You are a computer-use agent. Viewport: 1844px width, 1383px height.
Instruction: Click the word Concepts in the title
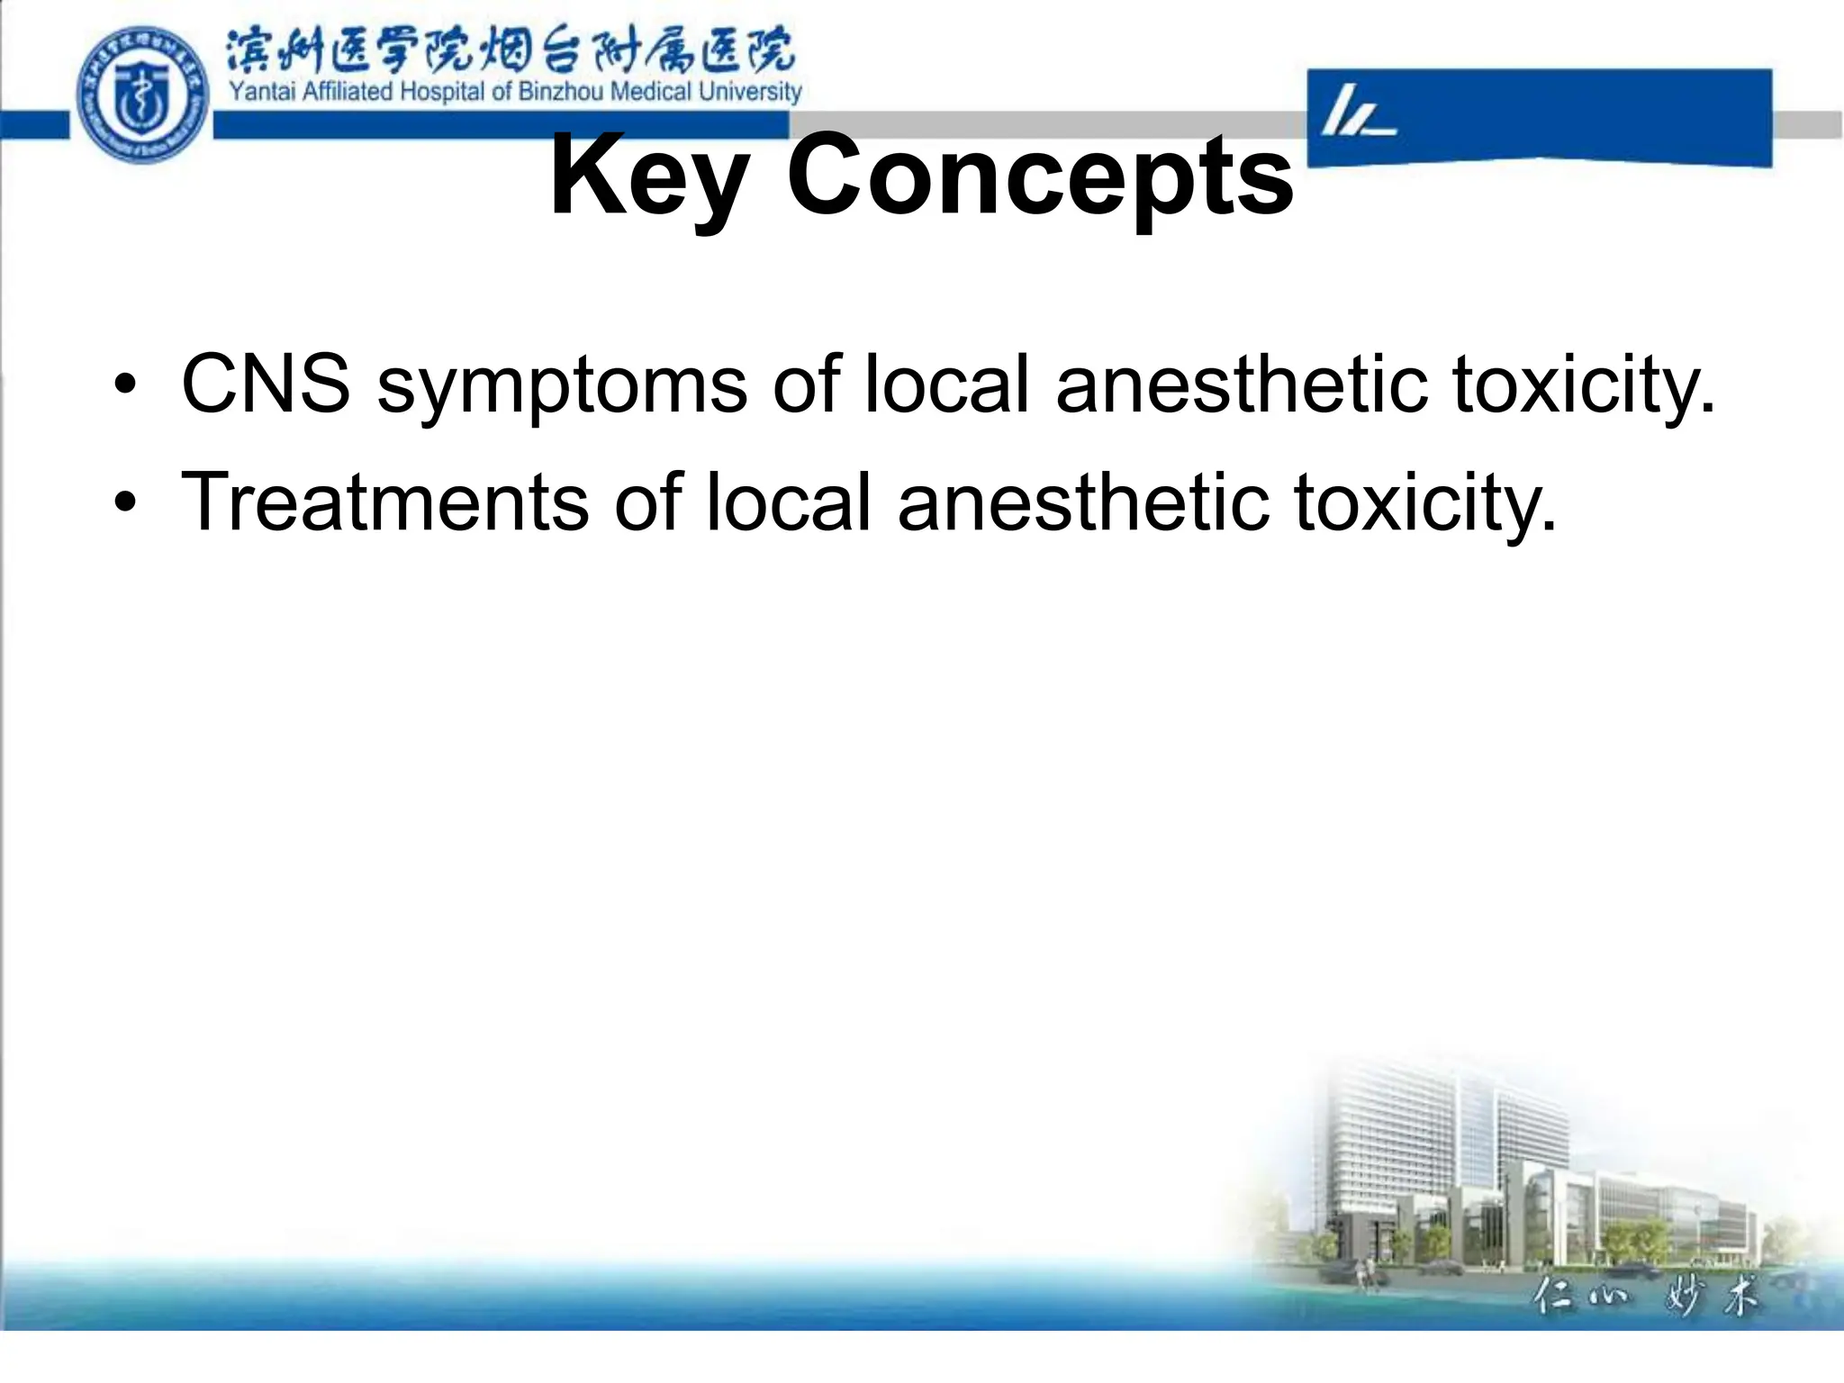[1040, 176]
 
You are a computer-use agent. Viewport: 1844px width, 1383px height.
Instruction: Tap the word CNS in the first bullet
[266, 384]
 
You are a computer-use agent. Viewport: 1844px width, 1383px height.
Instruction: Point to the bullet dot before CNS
[125, 387]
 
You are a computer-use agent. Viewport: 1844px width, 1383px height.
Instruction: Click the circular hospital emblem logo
[142, 95]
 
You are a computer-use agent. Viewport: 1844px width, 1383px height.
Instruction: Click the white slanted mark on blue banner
[1355, 113]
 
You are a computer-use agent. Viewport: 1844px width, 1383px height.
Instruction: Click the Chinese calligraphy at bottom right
[1643, 1297]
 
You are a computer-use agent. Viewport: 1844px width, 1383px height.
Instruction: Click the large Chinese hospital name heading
[510, 50]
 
